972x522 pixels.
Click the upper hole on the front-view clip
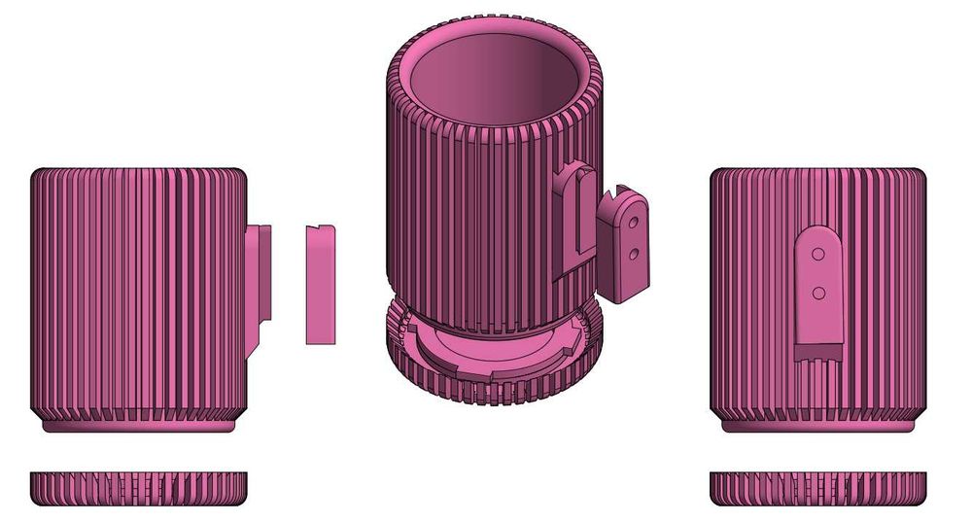pyautogui.click(x=818, y=257)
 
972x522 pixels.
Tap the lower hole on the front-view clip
pyautogui.click(x=818, y=292)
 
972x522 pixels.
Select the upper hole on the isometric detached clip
pyautogui.click(x=633, y=222)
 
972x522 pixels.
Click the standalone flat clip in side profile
pyautogui.click(x=320, y=287)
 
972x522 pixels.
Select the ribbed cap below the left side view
pyautogui.click(x=139, y=487)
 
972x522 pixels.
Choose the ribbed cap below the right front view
pyautogui.click(x=818, y=487)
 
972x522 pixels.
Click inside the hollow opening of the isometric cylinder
pyautogui.click(x=496, y=83)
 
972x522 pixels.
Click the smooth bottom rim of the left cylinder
pyautogui.click(x=139, y=427)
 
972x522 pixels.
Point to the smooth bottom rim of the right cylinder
pyautogui.click(x=818, y=427)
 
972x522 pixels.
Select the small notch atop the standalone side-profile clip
pyautogui.click(x=330, y=229)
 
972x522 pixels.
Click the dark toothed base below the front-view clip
pyautogui.click(x=818, y=353)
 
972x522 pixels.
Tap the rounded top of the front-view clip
pyautogui.click(x=818, y=233)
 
